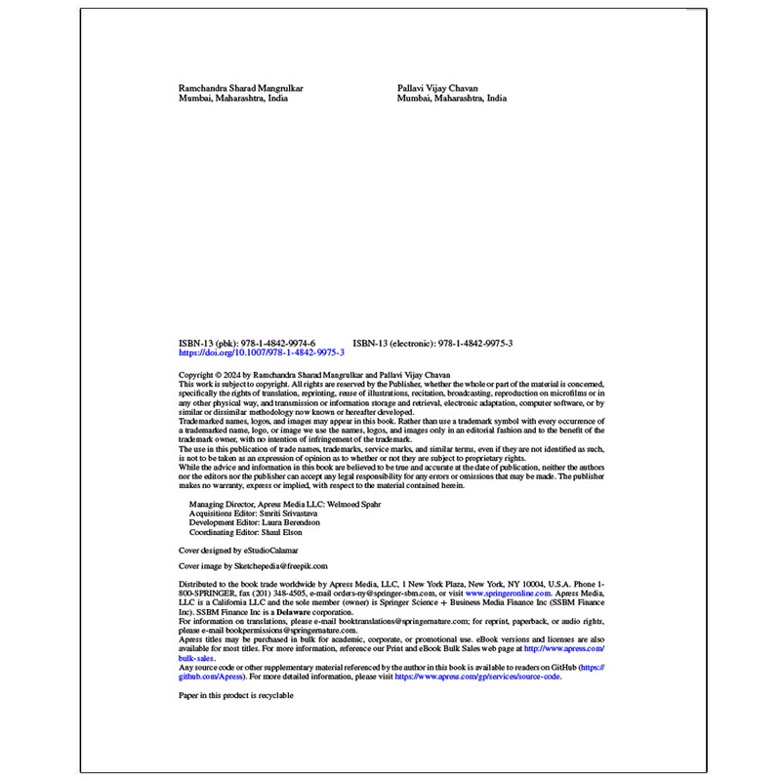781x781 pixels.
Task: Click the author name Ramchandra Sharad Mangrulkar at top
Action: pyautogui.click(x=240, y=88)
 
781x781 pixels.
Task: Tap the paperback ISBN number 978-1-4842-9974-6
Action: pyautogui.click(x=278, y=344)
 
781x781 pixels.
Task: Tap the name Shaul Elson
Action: pyautogui.click(x=283, y=532)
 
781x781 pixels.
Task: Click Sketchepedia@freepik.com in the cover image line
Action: pyautogui.click(x=281, y=565)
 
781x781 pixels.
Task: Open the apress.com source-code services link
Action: pyautogui.click(x=477, y=676)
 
